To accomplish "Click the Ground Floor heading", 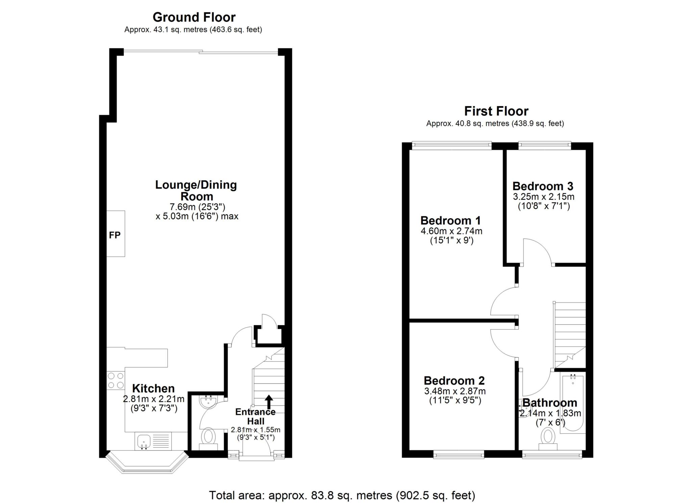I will (x=194, y=17).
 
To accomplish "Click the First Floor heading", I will (x=496, y=111).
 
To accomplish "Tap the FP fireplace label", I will (x=115, y=235).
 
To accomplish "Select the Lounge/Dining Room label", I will (x=196, y=191).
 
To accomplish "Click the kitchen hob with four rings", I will (x=116, y=380).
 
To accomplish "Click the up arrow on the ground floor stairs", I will (x=269, y=402).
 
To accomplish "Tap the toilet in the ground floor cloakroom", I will (x=208, y=437).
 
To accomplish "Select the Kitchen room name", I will (x=153, y=388).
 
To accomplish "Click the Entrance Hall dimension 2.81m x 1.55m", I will (x=255, y=430).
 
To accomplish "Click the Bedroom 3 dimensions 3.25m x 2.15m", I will (x=543, y=197).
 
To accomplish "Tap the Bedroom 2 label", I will (x=454, y=381).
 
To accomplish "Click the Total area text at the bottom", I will (x=342, y=495).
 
